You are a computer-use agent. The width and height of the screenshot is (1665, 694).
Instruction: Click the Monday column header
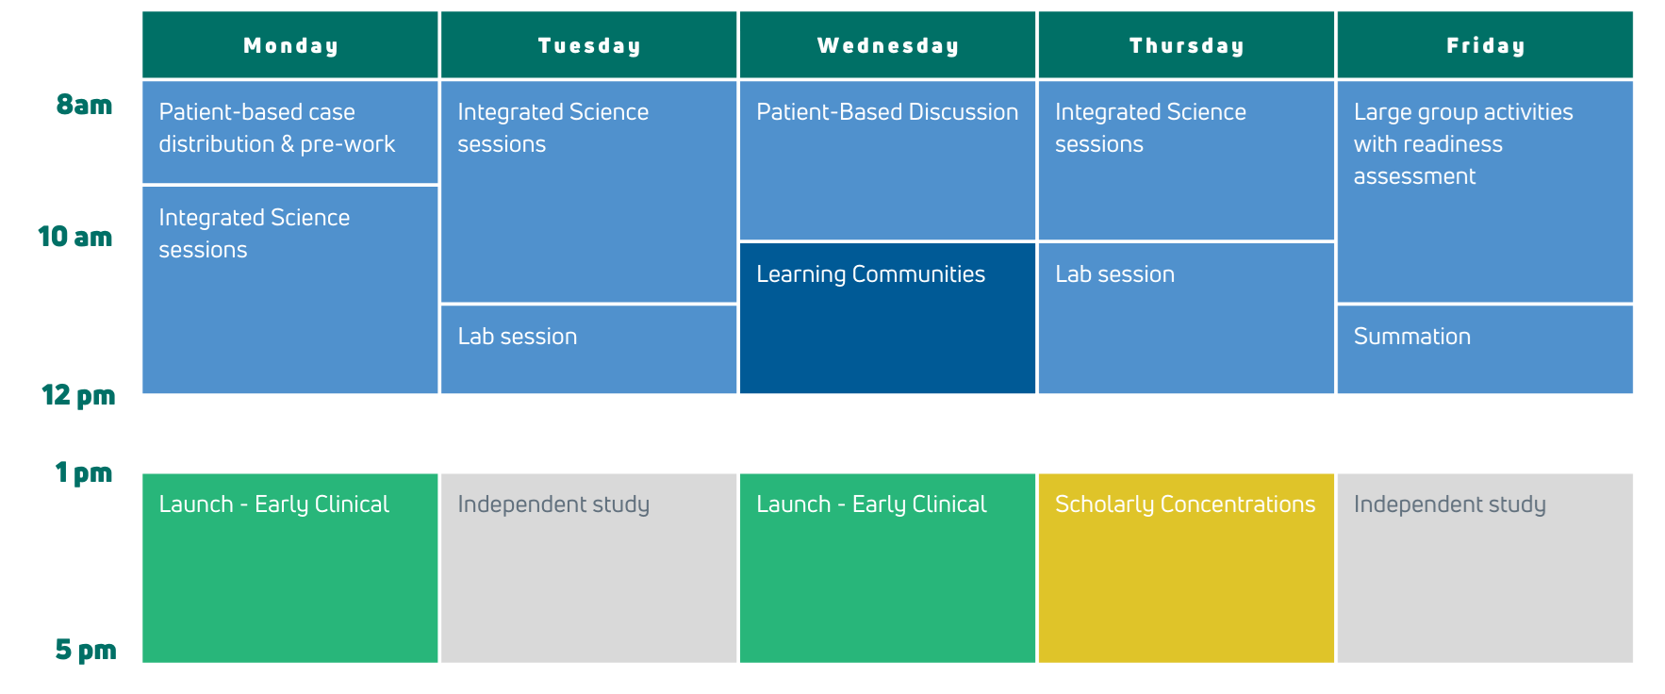point(290,44)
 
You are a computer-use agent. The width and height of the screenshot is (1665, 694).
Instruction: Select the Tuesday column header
point(589,44)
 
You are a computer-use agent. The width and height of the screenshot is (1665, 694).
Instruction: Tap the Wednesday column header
point(887,44)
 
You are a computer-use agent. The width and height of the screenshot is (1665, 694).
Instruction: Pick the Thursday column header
point(1186,44)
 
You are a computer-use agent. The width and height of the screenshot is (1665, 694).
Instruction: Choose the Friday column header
point(1485,44)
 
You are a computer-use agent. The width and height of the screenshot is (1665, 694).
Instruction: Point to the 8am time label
point(84,105)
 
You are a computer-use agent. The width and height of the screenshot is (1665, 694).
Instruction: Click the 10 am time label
point(75,237)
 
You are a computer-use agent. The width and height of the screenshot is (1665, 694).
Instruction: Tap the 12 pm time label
point(78,395)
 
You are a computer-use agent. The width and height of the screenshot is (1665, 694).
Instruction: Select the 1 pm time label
point(84,472)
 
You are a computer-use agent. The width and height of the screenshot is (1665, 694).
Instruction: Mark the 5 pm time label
point(86,650)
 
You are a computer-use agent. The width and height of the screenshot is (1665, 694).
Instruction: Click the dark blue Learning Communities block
point(887,318)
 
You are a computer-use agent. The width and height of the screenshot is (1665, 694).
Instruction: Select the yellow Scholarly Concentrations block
point(1186,569)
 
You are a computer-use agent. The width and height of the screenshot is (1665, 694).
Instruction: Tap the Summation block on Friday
point(1485,349)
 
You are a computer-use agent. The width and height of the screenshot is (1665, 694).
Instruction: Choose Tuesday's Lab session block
point(589,349)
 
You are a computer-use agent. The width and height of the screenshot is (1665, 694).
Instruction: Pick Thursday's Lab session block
point(1186,318)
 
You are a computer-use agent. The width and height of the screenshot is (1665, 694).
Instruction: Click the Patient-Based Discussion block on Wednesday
point(887,160)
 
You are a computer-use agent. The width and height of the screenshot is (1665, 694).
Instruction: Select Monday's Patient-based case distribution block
point(290,132)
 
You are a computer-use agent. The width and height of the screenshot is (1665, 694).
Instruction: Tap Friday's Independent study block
point(1485,569)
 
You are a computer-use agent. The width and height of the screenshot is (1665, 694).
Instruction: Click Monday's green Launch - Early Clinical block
point(290,569)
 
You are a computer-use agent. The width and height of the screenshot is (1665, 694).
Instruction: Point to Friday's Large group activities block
point(1485,191)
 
